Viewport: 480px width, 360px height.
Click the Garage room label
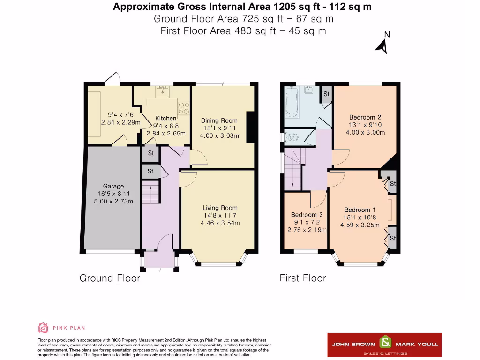(x=113, y=186)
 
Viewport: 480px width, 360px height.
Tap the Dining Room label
(x=219, y=120)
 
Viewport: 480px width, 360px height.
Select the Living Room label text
(x=220, y=208)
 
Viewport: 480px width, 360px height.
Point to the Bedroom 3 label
(x=307, y=215)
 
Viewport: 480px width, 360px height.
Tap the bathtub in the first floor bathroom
(x=292, y=102)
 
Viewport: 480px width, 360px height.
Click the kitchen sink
(x=162, y=91)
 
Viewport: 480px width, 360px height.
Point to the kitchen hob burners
(x=184, y=108)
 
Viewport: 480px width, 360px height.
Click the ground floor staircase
(x=150, y=192)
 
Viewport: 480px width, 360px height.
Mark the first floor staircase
(x=293, y=169)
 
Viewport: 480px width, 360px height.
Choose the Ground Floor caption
(x=110, y=278)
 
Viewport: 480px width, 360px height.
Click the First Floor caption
(x=303, y=278)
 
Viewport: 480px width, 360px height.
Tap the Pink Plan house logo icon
(x=43, y=328)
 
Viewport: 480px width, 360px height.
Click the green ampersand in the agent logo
(x=385, y=342)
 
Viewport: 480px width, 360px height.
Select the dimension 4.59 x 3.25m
(x=360, y=225)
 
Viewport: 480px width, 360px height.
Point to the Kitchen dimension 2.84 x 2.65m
(x=165, y=134)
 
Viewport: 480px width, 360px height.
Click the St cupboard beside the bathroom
(x=326, y=94)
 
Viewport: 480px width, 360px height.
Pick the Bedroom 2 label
(x=365, y=117)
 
